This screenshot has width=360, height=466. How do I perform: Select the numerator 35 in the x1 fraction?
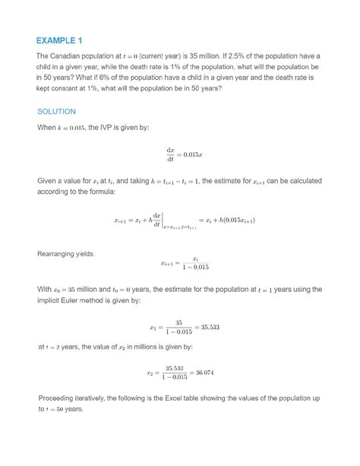pos(178,323)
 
